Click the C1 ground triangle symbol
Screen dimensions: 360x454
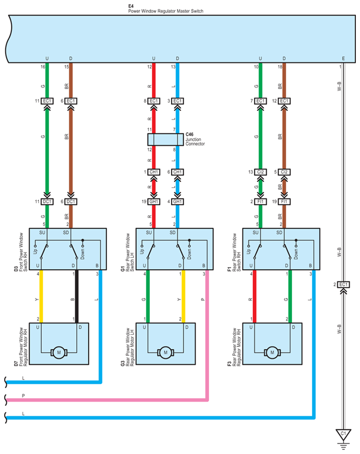pyautogui.click(x=343, y=435)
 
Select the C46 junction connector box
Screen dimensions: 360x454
pyautogui.click(x=165, y=139)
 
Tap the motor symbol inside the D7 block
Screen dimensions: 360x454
pyautogui.click(x=59, y=353)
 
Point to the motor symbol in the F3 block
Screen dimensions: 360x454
pyautogui.click(x=272, y=353)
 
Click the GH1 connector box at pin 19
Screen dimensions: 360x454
pyautogui.click(x=153, y=202)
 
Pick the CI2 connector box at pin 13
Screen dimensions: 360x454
pyautogui.click(x=260, y=172)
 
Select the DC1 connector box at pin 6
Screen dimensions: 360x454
pyautogui.click(x=71, y=202)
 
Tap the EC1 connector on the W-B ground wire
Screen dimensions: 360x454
pyautogui.click(x=343, y=285)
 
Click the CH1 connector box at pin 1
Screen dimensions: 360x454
pyautogui.click(x=153, y=172)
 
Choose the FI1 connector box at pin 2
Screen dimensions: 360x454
pyautogui.click(x=260, y=202)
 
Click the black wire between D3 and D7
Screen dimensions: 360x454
pyautogui.click(x=77, y=297)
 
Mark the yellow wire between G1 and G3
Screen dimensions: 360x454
pyautogui.click(x=183, y=297)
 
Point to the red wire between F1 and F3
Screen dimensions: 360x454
pyautogui.click(x=254, y=297)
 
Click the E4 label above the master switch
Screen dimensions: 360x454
pyautogui.click(x=131, y=6)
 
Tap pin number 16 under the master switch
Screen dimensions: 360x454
pyautogui.click(x=43, y=67)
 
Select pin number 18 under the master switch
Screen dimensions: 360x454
pyautogui.click(x=280, y=67)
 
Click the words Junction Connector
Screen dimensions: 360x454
pyautogui.click(x=195, y=141)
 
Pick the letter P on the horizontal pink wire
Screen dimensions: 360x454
pyautogui.click(x=23, y=396)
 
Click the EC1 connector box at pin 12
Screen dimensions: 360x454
pyautogui.click(x=284, y=101)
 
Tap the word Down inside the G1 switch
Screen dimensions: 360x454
pyautogui.click(x=189, y=254)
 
